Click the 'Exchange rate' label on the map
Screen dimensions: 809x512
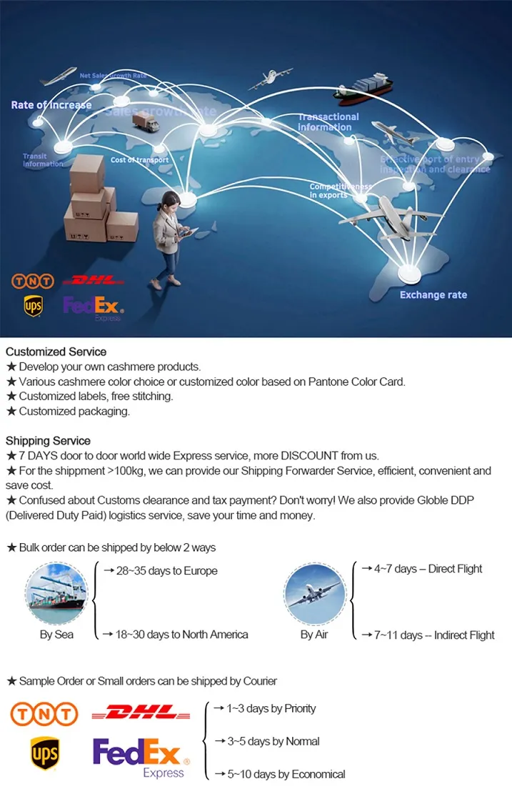[x=433, y=295]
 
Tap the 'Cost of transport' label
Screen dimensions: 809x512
[x=139, y=160]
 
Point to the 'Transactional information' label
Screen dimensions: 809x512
[x=328, y=121]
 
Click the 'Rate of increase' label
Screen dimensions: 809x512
[x=51, y=105]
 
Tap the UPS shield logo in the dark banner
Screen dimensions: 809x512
[x=33, y=307]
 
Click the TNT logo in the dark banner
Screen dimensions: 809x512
[x=33, y=282]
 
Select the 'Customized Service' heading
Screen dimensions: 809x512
[x=56, y=352]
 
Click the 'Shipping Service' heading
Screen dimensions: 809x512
[x=48, y=440]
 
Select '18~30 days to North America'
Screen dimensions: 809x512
[x=176, y=635]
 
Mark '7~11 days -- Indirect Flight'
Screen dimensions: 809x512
[x=428, y=635]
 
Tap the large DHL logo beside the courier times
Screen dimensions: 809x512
[x=141, y=713]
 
